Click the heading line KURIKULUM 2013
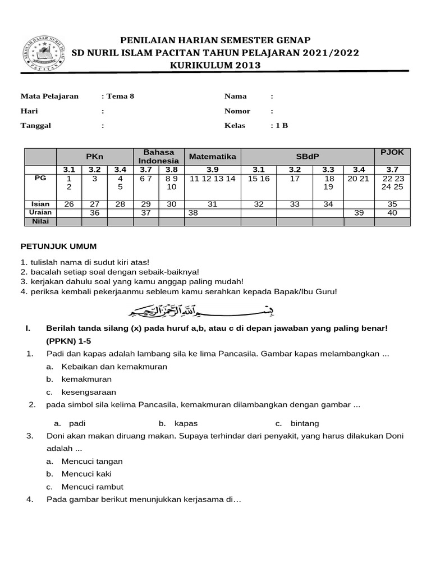point(215,66)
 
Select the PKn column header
point(94,156)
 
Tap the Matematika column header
point(213,156)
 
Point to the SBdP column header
point(307,156)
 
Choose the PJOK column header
point(392,152)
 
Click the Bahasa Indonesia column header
point(159,157)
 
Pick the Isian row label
point(40,204)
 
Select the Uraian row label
point(40,213)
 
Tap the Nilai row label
point(40,222)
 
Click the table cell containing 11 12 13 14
point(213,178)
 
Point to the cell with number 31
point(213,204)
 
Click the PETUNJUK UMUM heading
point(58,246)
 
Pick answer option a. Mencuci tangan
point(91,461)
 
